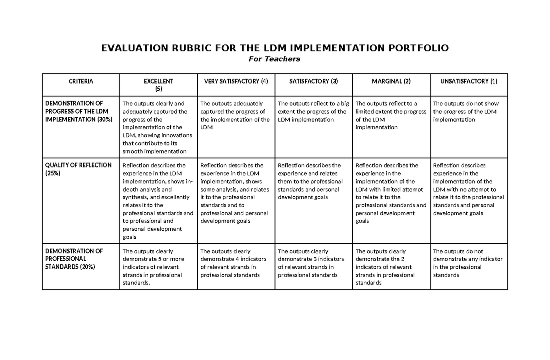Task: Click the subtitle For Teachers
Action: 274,59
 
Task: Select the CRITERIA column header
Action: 81,81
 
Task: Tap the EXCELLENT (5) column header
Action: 158,85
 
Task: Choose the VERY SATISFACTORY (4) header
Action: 236,81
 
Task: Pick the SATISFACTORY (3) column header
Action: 313,81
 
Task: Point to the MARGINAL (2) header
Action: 391,81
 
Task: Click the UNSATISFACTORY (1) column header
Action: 468,81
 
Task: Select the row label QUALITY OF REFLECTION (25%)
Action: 78,169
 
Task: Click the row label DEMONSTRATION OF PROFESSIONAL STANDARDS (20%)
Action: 73,259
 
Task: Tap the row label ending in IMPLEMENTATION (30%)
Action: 78,111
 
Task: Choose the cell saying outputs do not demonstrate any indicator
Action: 467,263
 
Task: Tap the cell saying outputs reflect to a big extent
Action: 313,111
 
